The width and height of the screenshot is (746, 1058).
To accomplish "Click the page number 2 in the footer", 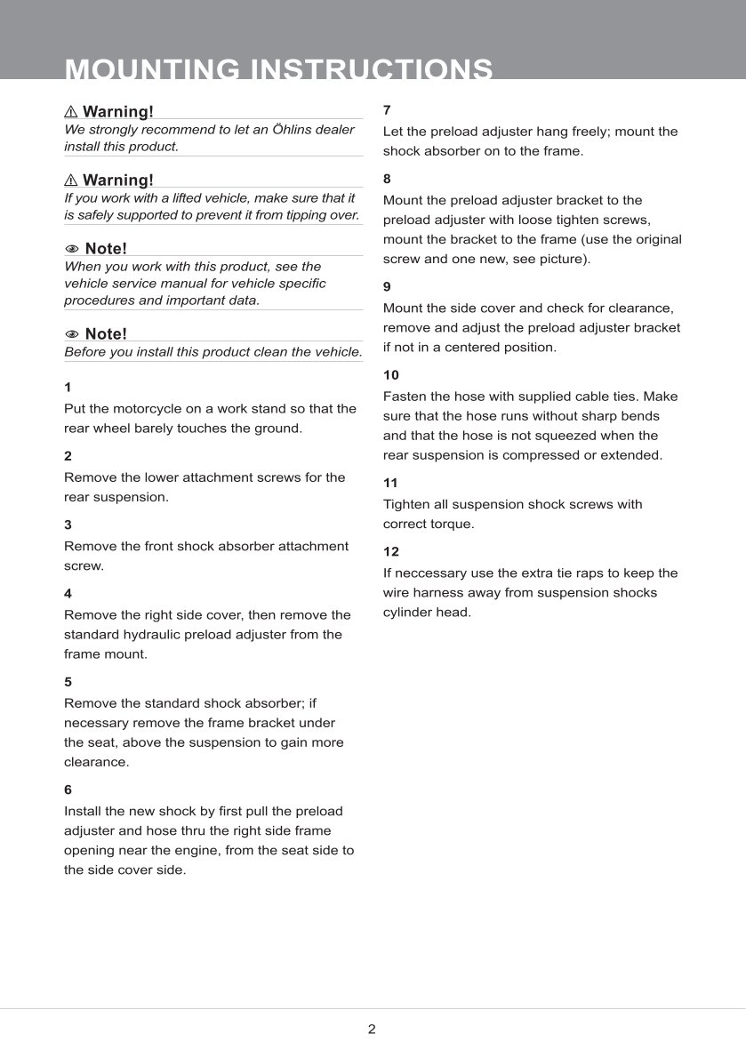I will (x=372, y=1030).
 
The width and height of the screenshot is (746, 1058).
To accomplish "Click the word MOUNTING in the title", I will (x=152, y=70).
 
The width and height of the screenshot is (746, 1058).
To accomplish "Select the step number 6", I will (x=68, y=789).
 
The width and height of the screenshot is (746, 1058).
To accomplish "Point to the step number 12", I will (x=391, y=551).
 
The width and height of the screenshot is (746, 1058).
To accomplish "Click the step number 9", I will (x=387, y=286).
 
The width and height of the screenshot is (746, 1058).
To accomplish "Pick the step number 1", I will (x=68, y=388).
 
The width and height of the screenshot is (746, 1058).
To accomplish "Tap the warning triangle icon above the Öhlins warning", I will (x=71, y=112).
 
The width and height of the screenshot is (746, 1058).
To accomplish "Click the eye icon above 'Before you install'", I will (x=72, y=334).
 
